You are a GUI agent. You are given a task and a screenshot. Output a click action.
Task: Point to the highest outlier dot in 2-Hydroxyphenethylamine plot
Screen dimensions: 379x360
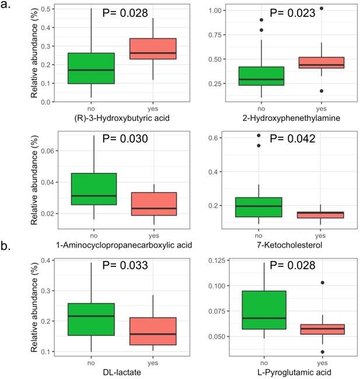click(x=320, y=9)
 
